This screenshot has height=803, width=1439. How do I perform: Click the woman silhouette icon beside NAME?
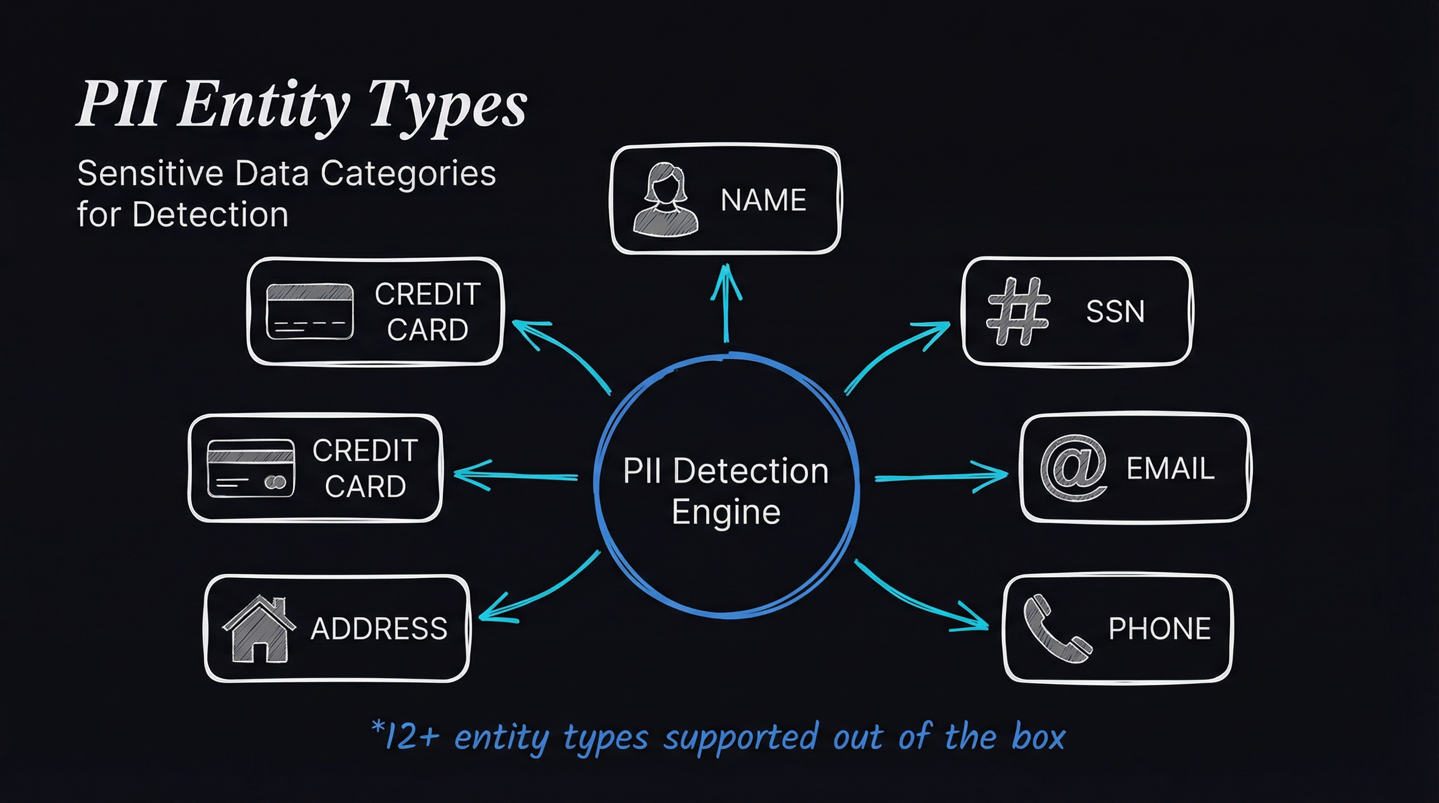tap(665, 199)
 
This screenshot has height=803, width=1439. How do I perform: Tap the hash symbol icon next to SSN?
tap(1018, 311)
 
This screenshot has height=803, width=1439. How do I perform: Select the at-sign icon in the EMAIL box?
tap(1073, 468)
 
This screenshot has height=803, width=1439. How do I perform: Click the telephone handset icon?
tap(1056, 629)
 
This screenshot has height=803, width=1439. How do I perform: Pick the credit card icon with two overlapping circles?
tap(250, 468)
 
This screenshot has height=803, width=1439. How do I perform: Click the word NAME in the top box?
tap(763, 200)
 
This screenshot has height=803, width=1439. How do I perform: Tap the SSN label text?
tap(1115, 311)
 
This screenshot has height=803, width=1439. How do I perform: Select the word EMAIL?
tap(1170, 468)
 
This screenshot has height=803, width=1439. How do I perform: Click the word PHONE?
tap(1160, 628)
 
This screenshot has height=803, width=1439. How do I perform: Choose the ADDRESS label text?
tap(379, 629)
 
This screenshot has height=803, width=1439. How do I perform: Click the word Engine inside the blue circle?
tap(726, 512)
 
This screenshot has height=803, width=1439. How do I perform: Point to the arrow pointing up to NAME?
tap(726, 303)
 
